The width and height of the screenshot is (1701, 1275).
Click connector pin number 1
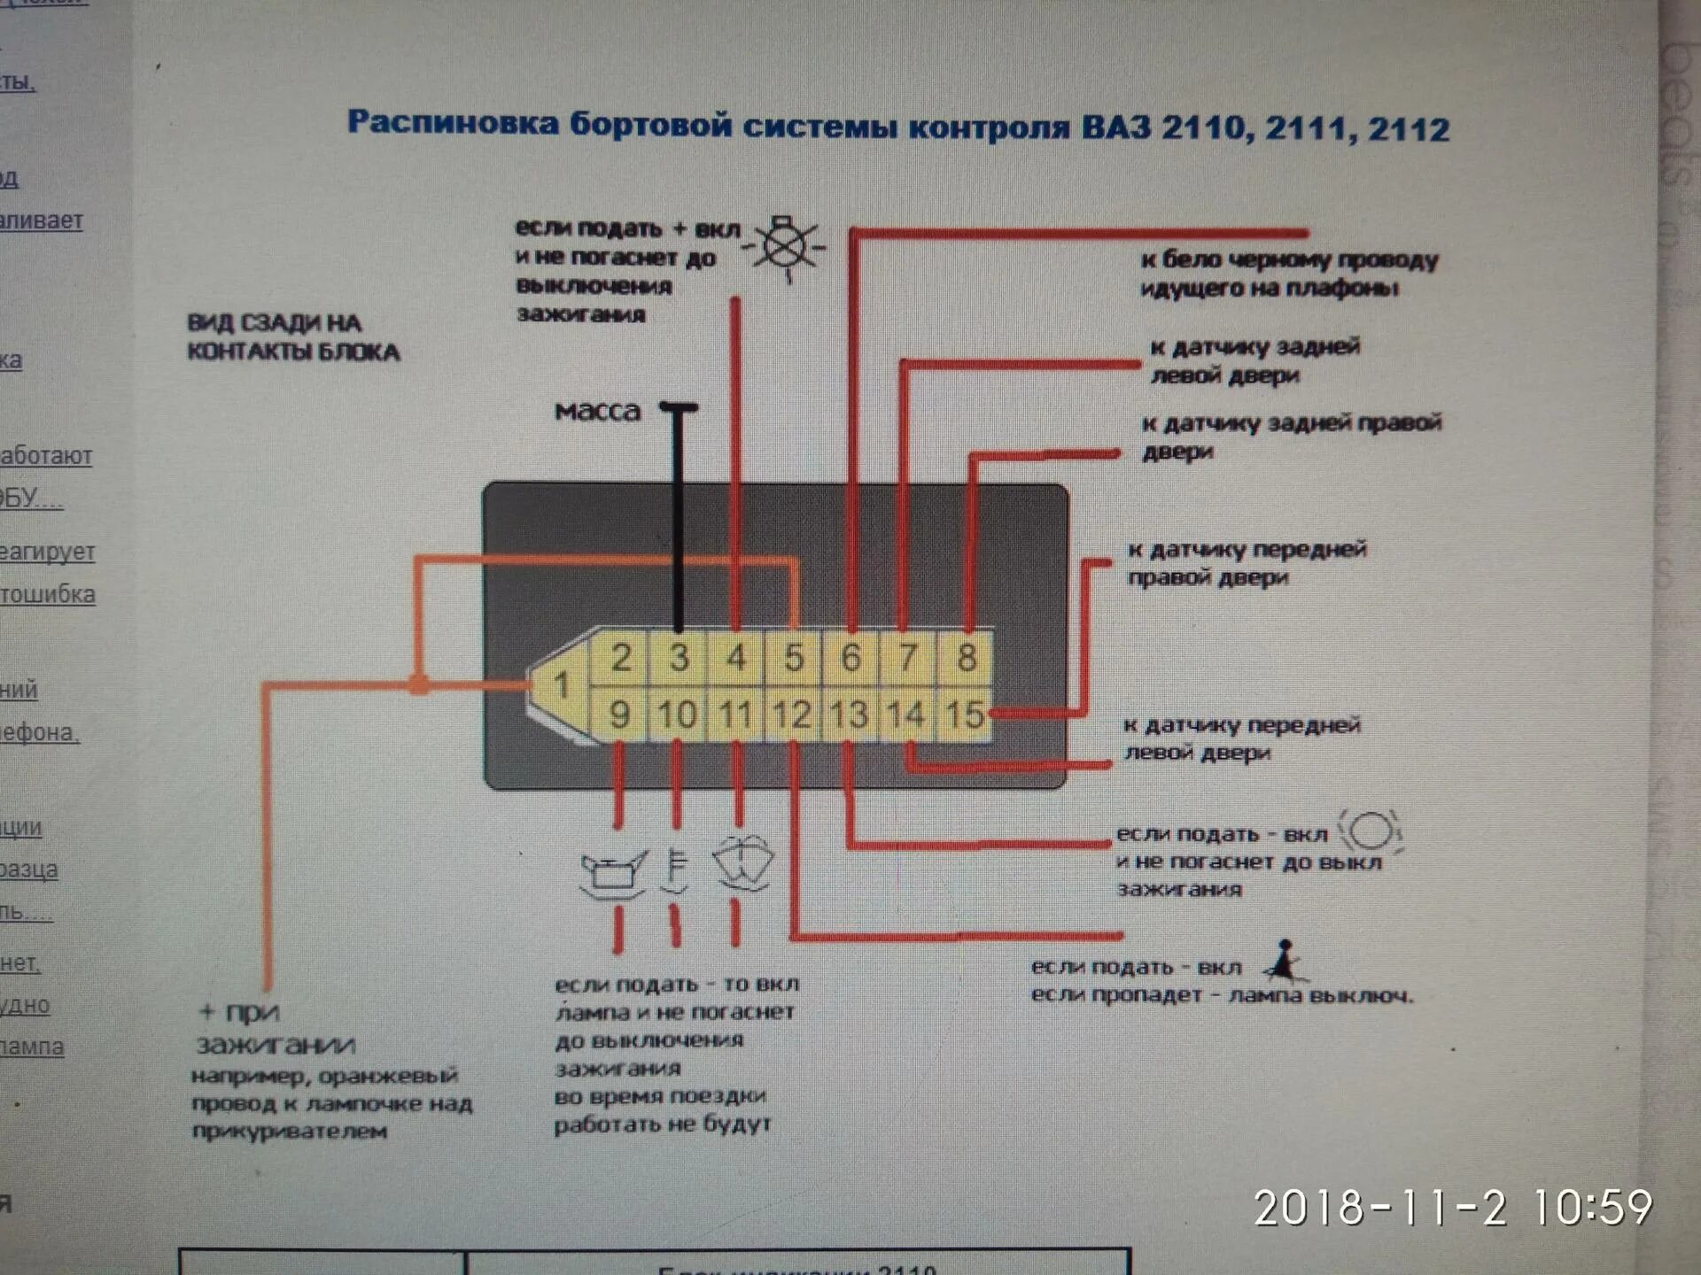pos(561,684)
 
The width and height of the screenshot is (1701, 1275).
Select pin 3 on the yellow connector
pos(679,658)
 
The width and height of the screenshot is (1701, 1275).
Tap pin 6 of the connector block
pos(850,658)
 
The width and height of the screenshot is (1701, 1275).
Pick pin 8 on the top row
pos(967,658)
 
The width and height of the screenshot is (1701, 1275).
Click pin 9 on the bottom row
pos(619,715)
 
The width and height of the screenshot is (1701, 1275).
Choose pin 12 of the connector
pos(791,715)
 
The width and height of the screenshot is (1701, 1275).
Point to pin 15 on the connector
pos(964,715)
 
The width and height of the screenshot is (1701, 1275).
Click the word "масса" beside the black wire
pos(597,411)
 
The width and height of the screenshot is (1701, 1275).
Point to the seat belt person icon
pos(1285,962)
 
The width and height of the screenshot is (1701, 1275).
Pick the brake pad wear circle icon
pos(1371,832)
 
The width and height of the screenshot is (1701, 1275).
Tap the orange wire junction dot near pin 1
pos(419,684)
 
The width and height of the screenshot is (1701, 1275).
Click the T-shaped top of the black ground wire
pos(679,408)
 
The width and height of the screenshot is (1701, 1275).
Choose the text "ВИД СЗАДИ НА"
pos(274,322)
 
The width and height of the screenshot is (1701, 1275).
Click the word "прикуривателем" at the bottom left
pos(289,1131)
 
